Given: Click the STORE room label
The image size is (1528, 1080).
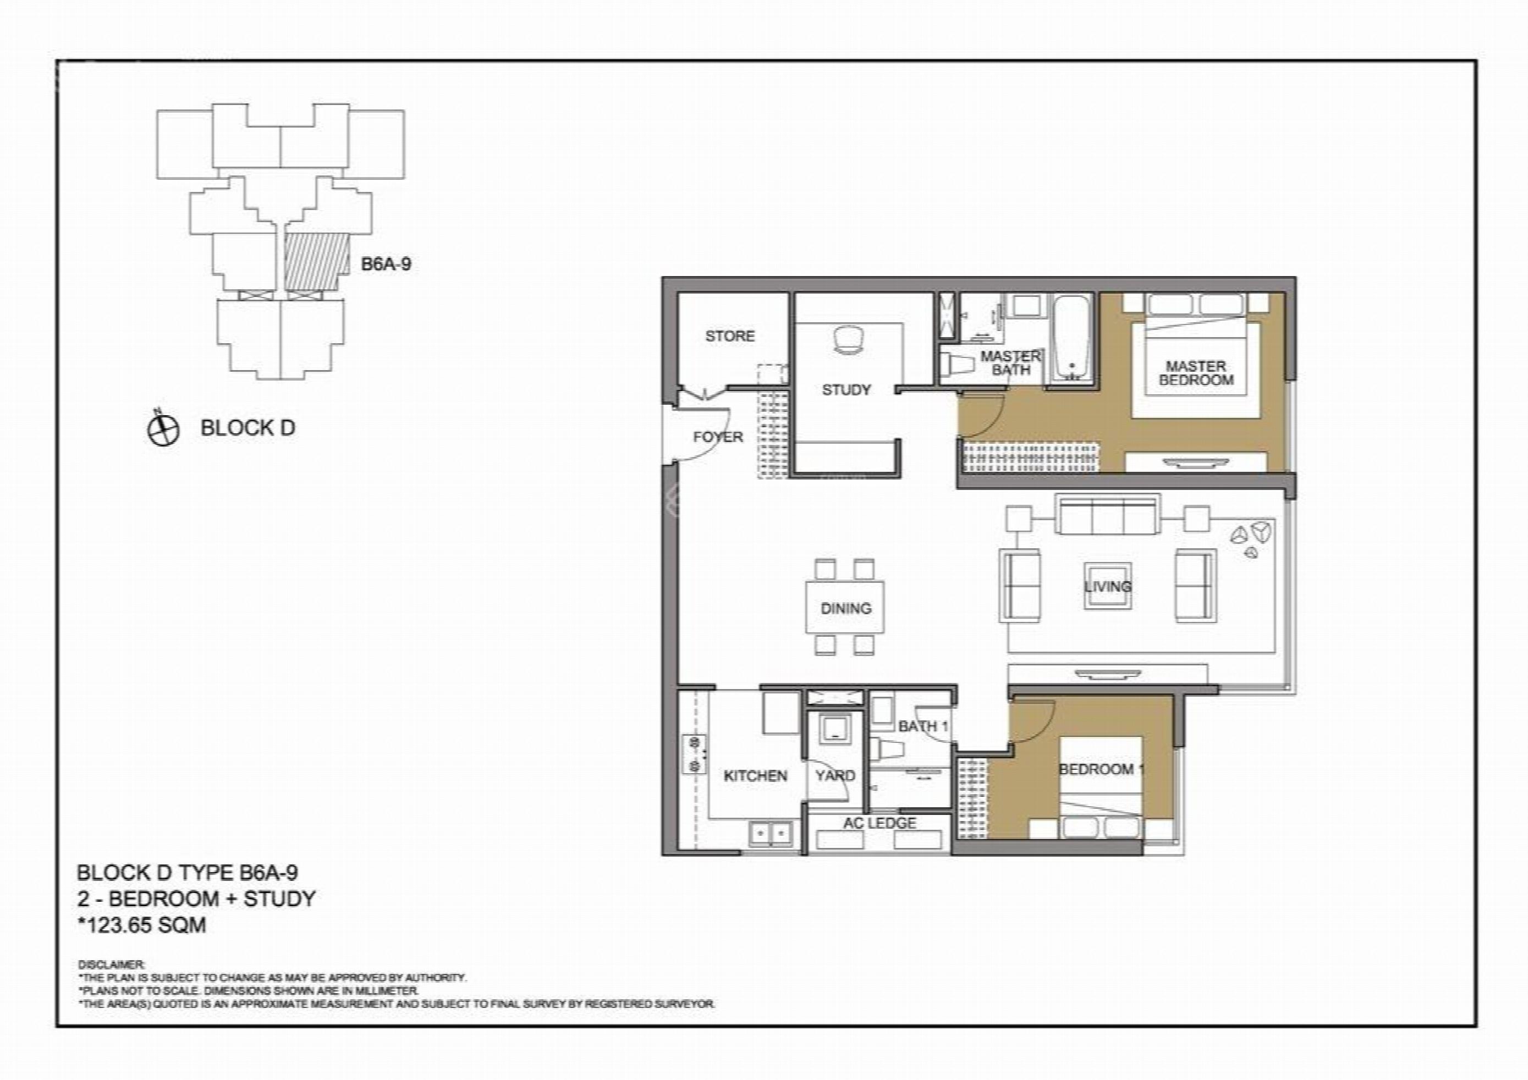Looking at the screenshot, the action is [729, 336].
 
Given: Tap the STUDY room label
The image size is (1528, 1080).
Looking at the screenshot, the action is [846, 390].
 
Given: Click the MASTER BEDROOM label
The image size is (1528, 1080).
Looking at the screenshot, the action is [1196, 373].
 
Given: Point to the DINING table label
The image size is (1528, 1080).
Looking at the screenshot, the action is [845, 608].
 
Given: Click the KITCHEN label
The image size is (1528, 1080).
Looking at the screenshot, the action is [755, 776].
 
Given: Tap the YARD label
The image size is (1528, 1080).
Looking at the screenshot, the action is [835, 776].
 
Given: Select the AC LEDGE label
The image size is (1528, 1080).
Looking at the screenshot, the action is [880, 823].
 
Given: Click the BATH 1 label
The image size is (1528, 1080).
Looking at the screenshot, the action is [922, 726].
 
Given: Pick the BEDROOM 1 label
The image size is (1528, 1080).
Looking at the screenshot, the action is [1101, 769].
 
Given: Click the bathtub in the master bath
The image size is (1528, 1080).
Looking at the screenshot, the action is [1071, 339].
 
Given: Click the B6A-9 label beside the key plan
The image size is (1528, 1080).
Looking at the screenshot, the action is [386, 264].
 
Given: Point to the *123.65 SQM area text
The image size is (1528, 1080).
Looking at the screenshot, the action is [142, 925].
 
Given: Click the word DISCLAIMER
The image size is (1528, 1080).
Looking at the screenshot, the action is [111, 964].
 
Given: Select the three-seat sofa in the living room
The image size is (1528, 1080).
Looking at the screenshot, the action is [1107, 514].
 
